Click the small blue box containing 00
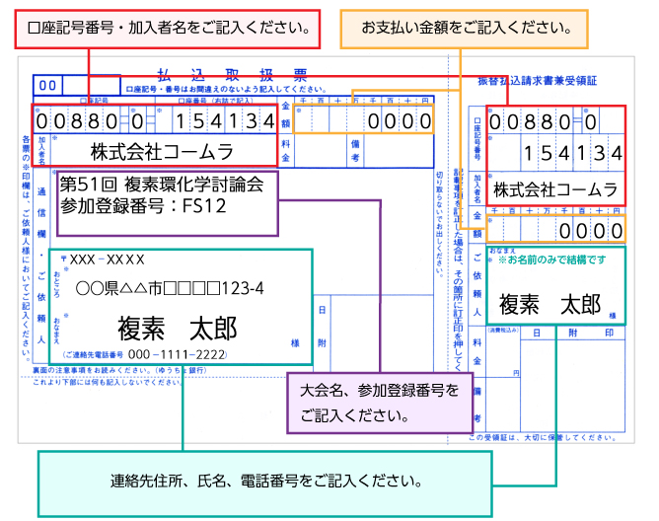[47, 86]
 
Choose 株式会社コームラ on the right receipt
[555, 188]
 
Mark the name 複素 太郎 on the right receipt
[549, 305]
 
